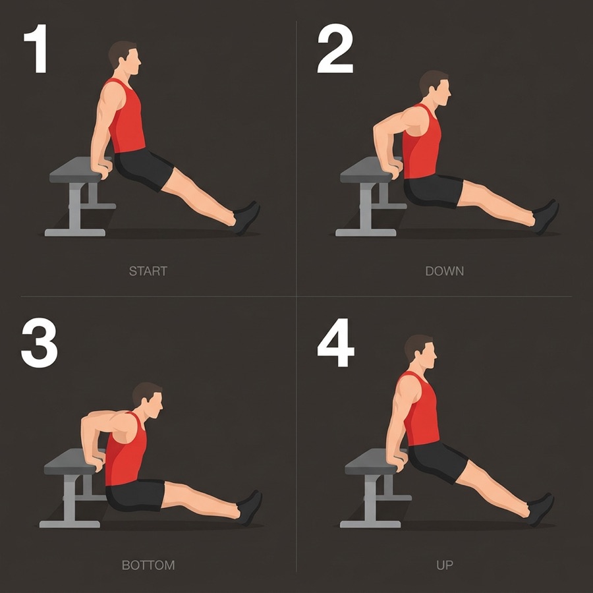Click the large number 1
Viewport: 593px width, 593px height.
tap(36, 48)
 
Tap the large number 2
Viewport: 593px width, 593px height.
tap(335, 48)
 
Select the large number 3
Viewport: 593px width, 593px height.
tap(40, 343)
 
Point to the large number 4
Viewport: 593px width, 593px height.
tap(335, 343)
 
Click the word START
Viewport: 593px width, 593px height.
tap(148, 271)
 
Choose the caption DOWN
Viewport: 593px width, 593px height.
tap(444, 271)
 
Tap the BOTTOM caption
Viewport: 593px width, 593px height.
tap(148, 565)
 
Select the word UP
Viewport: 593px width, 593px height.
tap(444, 565)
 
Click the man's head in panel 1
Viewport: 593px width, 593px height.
tap(125, 58)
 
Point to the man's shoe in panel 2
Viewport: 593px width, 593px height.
tap(546, 217)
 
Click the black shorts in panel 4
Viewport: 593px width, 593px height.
tap(439, 461)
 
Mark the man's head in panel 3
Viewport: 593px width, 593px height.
tap(148, 401)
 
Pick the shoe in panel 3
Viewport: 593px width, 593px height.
tap(250, 507)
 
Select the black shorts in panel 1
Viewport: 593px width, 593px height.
tap(144, 169)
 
